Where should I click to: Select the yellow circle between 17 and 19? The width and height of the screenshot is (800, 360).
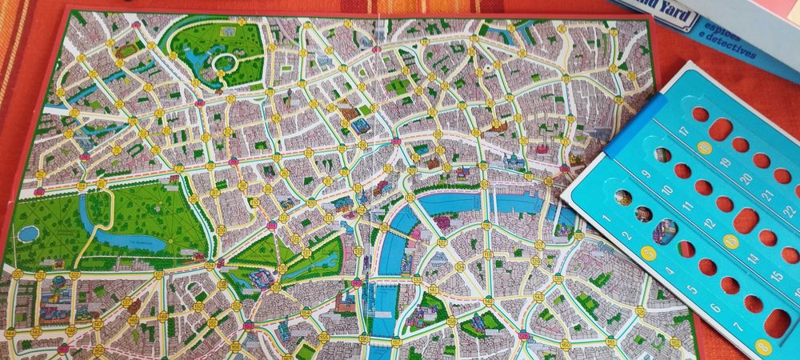coord(705,147)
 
